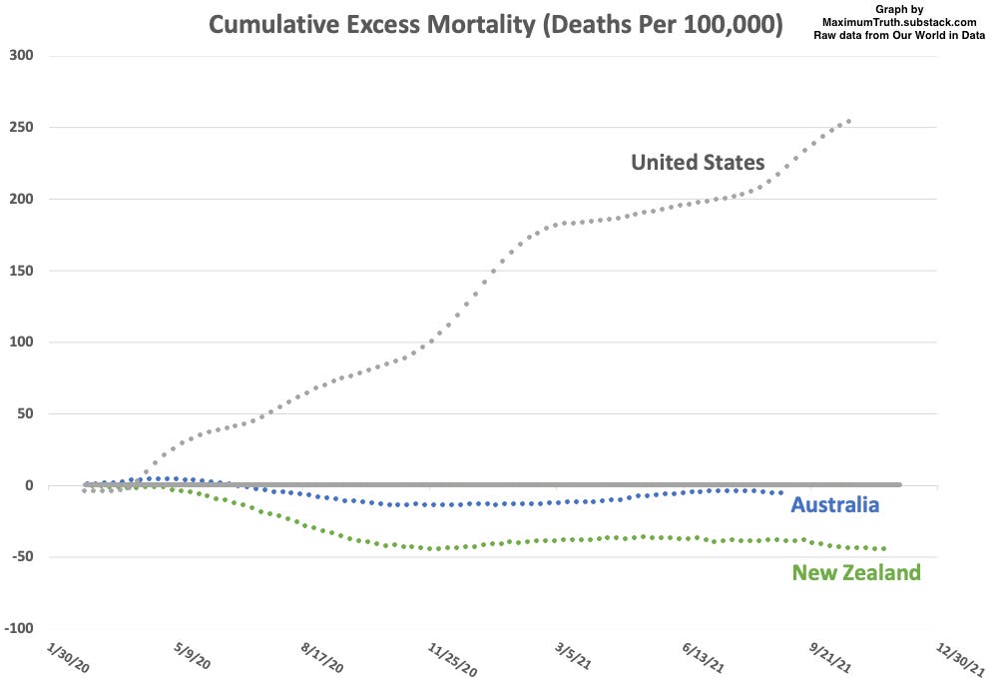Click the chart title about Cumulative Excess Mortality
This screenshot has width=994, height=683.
click(495, 24)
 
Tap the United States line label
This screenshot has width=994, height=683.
click(698, 162)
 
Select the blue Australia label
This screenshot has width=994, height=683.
click(834, 505)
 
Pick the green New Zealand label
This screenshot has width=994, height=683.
click(855, 573)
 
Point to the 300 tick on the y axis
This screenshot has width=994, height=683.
click(22, 56)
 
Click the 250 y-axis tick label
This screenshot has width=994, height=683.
click(22, 128)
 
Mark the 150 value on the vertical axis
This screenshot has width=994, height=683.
click(22, 271)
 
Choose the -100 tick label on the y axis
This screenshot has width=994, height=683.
click(18, 629)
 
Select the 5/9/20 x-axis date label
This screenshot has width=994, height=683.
click(191, 659)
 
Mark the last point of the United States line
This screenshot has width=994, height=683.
click(848, 122)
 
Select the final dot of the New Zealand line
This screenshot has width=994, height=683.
click(884, 548)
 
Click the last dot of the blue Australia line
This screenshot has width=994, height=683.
click(780, 492)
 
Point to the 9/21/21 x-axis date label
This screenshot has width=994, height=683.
click(830, 659)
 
